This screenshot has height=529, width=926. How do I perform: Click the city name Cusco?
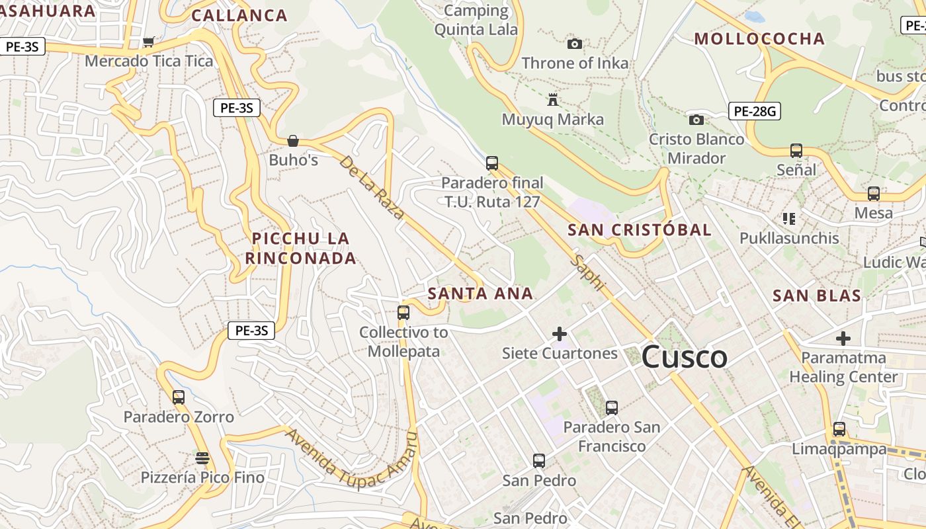pyautogui.click(x=684, y=358)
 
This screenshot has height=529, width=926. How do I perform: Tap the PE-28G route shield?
pyautogui.click(x=755, y=111)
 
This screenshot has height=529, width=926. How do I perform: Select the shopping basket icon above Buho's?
pyautogui.click(x=293, y=141)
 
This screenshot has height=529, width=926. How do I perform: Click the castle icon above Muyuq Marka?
pyautogui.click(x=553, y=100)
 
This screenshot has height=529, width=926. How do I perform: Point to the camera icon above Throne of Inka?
pyautogui.click(x=575, y=44)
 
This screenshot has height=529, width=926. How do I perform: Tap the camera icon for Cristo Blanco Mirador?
pyautogui.click(x=696, y=120)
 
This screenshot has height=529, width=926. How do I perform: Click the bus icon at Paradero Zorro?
pyautogui.click(x=179, y=397)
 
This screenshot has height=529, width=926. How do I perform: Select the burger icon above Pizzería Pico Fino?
pyautogui.click(x=202, y=458)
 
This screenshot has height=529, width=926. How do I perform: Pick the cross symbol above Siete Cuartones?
pyautogui.click(x=560, y=334)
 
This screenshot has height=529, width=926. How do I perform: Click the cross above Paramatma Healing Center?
pyautogui.click(x=843, y=339)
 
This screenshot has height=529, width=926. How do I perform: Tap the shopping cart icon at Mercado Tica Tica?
pyautogui.click(x=149, y=42)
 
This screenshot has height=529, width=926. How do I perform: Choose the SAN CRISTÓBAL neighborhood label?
pyautogui.click(x=640, y=230)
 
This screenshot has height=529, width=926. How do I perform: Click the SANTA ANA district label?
pyautogui.click(x=480, y=294)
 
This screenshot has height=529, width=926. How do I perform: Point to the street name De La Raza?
pyautogui.click(x=372, y=187)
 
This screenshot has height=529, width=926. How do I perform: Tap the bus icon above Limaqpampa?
pyautogui.click(x=839, y=428)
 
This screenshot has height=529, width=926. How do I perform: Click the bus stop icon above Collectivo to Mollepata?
pyautogui.click(x=403, y=312)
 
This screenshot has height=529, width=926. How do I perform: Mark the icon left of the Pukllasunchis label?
pyautogui.click(x=788, y=218)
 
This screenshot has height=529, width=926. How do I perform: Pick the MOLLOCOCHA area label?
pyautogui.click(x=759, y=39)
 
